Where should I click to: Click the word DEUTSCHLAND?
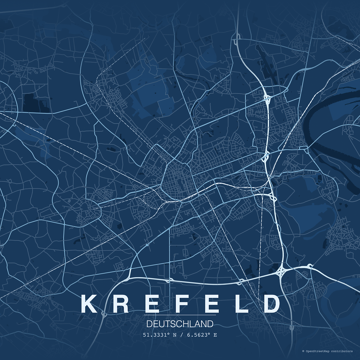coord(180,324)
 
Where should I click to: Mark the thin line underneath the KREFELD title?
coord(180,315)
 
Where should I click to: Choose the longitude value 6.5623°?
coord(198,335)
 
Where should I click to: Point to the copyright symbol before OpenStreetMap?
coord(303,351)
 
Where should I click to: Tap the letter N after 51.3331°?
coord(175,335)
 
